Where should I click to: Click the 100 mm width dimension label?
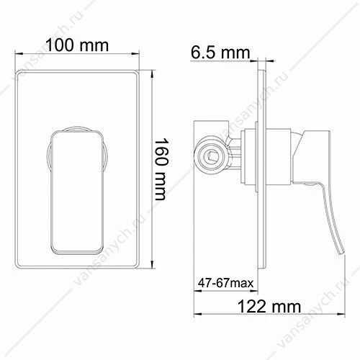pyautogui.click(x=77, y=45)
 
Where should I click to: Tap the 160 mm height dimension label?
pyautogui.click(x=161, y=169)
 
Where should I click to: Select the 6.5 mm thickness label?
pyautogui.click(x=220, y=53)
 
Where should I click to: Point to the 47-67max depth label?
pyautogui.click(x=225, y=283)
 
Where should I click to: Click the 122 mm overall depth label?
pyautogui.click(x=269, y=306)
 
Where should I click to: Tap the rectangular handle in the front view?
pyautogui.click(x=77, y=192)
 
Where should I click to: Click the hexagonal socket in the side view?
pyautogui.click(x=210, y=157)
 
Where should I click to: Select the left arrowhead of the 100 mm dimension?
pyautogui.click(x=18, y=54)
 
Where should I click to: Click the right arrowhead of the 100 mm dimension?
pyautogui.click(x=136, y=54)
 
